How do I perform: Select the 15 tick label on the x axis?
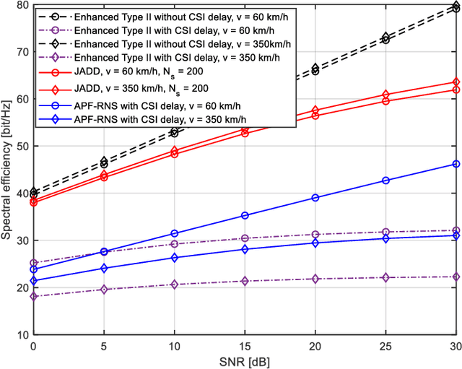[245, 345]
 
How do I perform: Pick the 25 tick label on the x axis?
[385, 345]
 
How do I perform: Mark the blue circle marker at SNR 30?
[456, 164]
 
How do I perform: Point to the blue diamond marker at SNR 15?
[245, 249]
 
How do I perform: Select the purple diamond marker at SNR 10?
[174, 285]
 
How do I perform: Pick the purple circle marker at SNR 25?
[385, 232]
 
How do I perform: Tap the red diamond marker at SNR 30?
[456, 82]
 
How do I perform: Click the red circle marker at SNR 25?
[385, 101]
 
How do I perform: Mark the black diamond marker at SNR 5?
[104, 161]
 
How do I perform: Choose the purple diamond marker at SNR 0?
[34, 296]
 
